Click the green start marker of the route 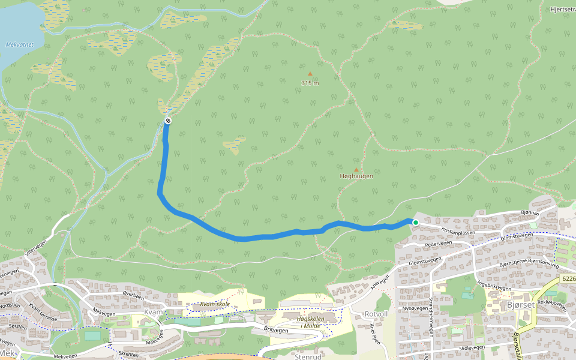[415, 223]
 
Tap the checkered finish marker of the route [168, 121]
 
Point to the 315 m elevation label [310, 83]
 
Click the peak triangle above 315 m [310, 74]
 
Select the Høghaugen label [356, 176]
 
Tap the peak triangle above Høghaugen [356, 170]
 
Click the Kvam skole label [215, 305]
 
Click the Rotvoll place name [377, 314]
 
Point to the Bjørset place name [520, 305]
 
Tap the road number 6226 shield [568, 279]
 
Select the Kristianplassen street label [458, 231]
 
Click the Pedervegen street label [438, 244]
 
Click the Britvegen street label [276, 330]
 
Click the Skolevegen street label [472, 348]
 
